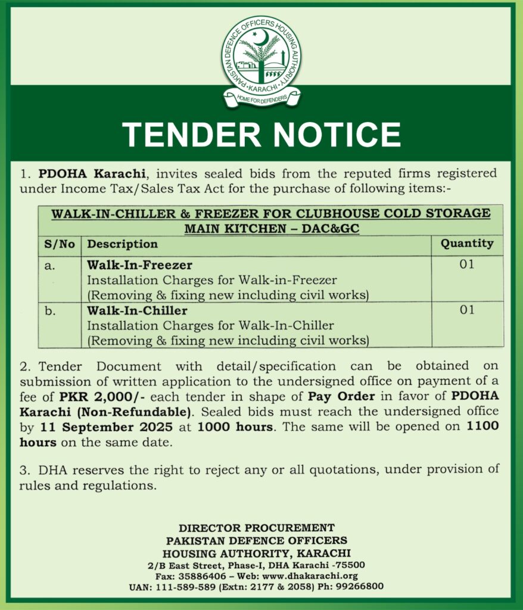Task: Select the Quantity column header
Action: coord(466,243)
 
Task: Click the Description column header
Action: coord(123,244)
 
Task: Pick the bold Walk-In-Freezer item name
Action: coord(140,264)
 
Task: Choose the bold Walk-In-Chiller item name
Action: coord(138,310)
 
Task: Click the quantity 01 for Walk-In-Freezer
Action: coord(466,264)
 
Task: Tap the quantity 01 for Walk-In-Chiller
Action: coord(466,310)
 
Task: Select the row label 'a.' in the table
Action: coord(50,264)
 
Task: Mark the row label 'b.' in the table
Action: coord(50,311)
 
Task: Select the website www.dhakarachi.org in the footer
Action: coord(319,576)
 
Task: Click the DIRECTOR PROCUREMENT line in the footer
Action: coord(257,528)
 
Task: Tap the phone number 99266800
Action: coord(360,587)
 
